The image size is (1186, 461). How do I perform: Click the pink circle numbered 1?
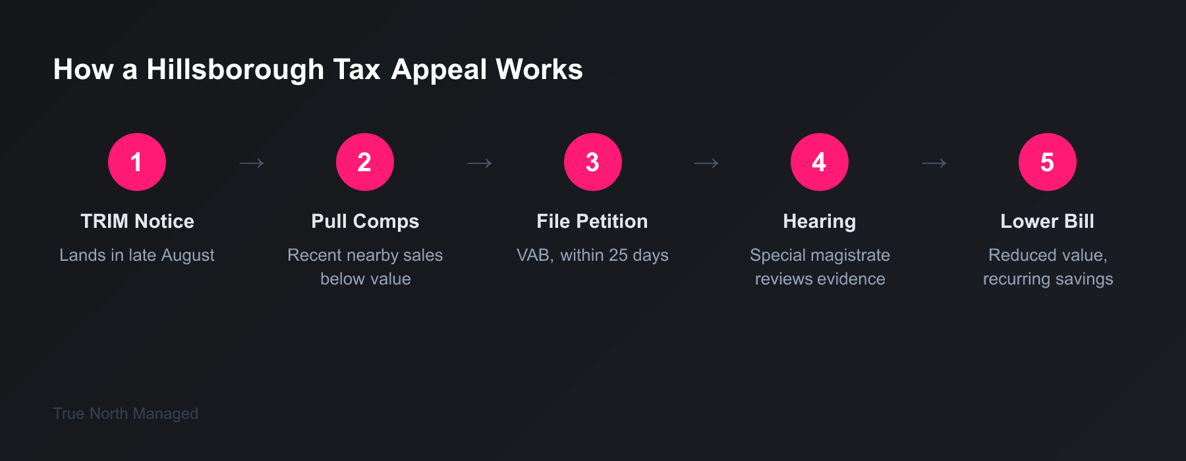click(137, 162)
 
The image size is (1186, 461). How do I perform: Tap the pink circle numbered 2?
click(365, 162)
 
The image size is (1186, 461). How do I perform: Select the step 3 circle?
click(593, 162)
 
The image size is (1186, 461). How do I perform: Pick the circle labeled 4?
click(820, 162)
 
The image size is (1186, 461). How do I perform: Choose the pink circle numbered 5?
click(1048, 162)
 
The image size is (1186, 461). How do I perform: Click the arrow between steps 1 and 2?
click(251, 163)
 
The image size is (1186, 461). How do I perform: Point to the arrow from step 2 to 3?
click(479, 163)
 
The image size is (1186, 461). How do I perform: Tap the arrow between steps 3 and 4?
click(706, 163)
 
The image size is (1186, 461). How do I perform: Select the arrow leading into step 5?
click(934, 163)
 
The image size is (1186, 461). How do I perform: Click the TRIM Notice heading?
click(137, 221)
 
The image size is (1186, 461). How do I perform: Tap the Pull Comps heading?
click(365, 222)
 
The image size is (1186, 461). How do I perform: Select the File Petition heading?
click(592, 221)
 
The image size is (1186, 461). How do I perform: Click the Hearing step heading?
click(820, 222)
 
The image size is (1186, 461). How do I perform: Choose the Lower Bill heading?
click(1048, 221)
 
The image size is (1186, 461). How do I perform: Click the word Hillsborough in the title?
click(235, 70)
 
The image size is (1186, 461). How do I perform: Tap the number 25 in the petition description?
click(618, 255)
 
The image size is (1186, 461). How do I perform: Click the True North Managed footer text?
click(125, 414)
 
